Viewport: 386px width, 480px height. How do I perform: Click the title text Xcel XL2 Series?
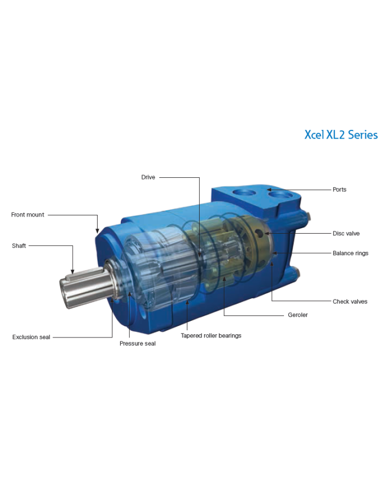(341, 135)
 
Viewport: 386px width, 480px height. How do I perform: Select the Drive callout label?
(148, 177)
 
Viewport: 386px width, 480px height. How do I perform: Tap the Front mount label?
(28, 214)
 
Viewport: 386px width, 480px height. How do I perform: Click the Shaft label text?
(19, 246)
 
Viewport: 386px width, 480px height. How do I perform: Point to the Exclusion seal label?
(31, 337)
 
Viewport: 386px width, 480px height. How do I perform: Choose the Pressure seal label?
(137, 344)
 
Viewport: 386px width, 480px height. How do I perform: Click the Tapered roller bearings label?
(211, 335)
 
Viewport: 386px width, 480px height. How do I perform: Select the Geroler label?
(298, 315)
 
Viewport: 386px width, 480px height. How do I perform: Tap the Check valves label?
(350, 302)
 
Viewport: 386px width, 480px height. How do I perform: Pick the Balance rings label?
(350, 254)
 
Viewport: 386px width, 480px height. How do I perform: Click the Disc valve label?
(346, 233)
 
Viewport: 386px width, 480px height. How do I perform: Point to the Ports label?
(339, 189)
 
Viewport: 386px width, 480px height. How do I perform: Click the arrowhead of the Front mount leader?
(97, 230)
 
